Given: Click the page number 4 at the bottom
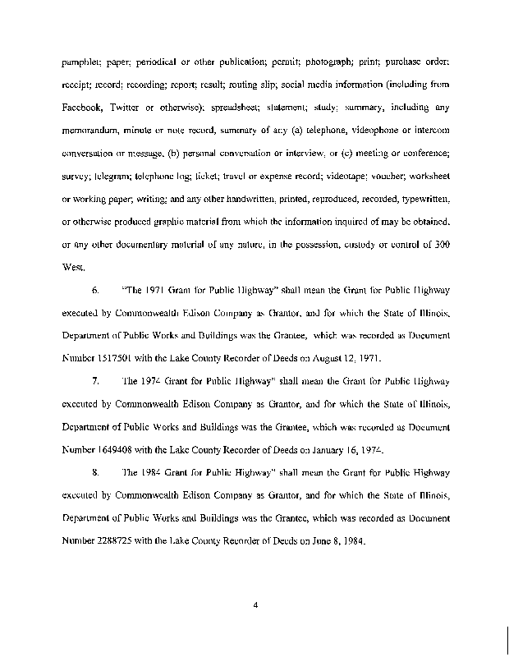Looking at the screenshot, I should (x=256, y=606).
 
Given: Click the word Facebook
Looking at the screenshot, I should (x=84, y=108).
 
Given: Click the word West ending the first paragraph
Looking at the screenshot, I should (x=72, y=267).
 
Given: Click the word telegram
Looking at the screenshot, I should (x=111, y=176).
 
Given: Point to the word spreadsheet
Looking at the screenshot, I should (x=235, y=108).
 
